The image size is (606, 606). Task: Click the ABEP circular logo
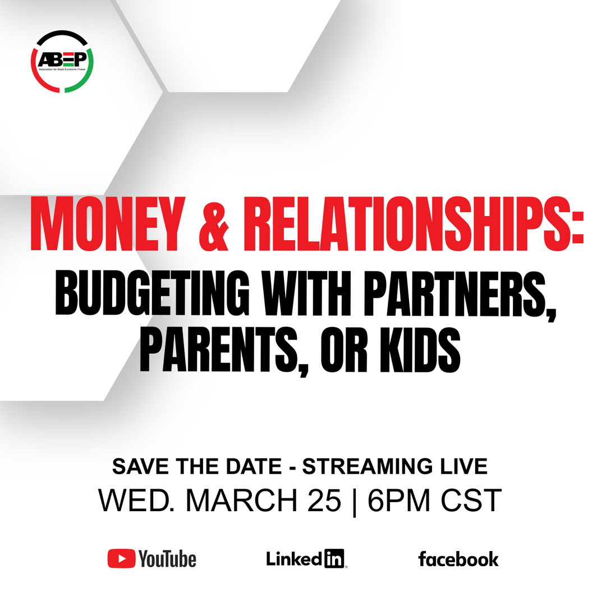(62, 62)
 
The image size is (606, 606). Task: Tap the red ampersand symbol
(213, 224)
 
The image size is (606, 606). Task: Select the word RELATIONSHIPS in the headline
(413, 224)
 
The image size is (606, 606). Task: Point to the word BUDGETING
(152, 293)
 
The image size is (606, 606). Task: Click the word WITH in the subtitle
(306, 293)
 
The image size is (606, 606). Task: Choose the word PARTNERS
(460, 295)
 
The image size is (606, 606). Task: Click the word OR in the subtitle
(344, 350)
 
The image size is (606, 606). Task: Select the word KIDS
(420, 350)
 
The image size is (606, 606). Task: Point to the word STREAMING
(367, 466)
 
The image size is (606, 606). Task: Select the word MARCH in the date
(242, 501)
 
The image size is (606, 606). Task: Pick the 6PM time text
(399, 501)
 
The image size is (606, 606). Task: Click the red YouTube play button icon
(121, 558)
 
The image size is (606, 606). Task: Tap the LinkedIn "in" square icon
(334, 559)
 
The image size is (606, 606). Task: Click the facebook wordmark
(458, 559)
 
